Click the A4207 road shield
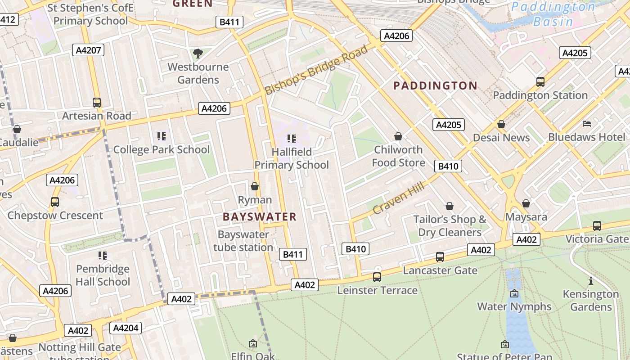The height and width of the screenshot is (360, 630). click(x=88, y=50)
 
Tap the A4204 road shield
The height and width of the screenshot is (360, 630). click(x=126, y=328)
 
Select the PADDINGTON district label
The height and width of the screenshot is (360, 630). click(x=435, y=85)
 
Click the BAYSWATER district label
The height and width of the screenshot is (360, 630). click(x=260, y=217)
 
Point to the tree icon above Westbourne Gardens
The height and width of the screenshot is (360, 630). click(x=198, y=54)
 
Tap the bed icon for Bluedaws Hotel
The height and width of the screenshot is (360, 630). click(x=587, y=124)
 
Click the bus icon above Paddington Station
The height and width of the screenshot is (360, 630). click(x=540, y=82)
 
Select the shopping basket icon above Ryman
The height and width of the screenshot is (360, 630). click(x=255, y=186)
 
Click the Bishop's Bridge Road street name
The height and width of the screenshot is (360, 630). click(x=316, y=70)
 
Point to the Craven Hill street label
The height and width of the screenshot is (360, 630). click(x=392, y=198)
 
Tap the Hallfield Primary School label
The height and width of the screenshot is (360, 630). click(x=292, y=158)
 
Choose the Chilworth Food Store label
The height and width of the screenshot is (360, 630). click(x=398, y=156)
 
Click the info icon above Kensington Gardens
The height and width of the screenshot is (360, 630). click(x=591, y=281)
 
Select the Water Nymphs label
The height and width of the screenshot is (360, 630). click(x=514, y=306)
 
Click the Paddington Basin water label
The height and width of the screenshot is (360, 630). click(x=553, y=14)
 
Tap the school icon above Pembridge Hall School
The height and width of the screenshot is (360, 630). click(x=103, y=256)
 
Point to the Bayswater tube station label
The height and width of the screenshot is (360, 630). click(x=243, y=241)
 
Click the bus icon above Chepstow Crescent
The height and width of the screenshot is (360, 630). click(x=55, y=202)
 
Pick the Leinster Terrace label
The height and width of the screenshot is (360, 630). click(x=377, y=290)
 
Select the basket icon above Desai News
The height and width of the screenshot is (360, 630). click(x=501, y=124)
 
